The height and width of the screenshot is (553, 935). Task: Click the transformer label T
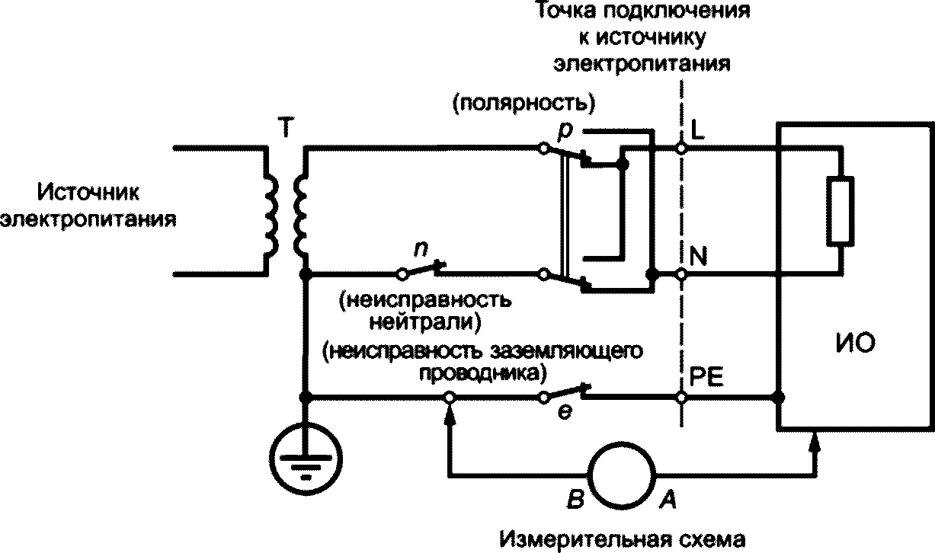[x=286, y=127]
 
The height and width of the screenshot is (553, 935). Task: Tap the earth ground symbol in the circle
[x=306, y=459]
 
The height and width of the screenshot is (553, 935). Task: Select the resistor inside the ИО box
[x=840, y=210]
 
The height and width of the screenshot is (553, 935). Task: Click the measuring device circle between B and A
[x=622, y=475]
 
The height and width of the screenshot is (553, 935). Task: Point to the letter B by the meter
[x=575, y=499]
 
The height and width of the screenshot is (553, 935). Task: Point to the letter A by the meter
[x=668, y=499]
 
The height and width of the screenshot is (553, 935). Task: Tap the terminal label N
[x=698, y=256]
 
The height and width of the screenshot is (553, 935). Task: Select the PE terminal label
[x=706, y=377]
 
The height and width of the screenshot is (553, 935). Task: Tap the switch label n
[x=421, y=249]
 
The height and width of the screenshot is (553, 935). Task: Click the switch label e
[x=565, y=413]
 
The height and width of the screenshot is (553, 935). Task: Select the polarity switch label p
[x=565, y=132]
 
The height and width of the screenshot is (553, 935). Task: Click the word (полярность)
[x=524, y=104]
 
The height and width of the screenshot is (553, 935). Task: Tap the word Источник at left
[x=88, y=193]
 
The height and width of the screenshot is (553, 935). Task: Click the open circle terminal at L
[x=680, y=148]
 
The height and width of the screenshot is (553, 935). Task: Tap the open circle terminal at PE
[x=680, y=398]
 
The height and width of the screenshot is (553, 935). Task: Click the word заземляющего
[x=566, y=352]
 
